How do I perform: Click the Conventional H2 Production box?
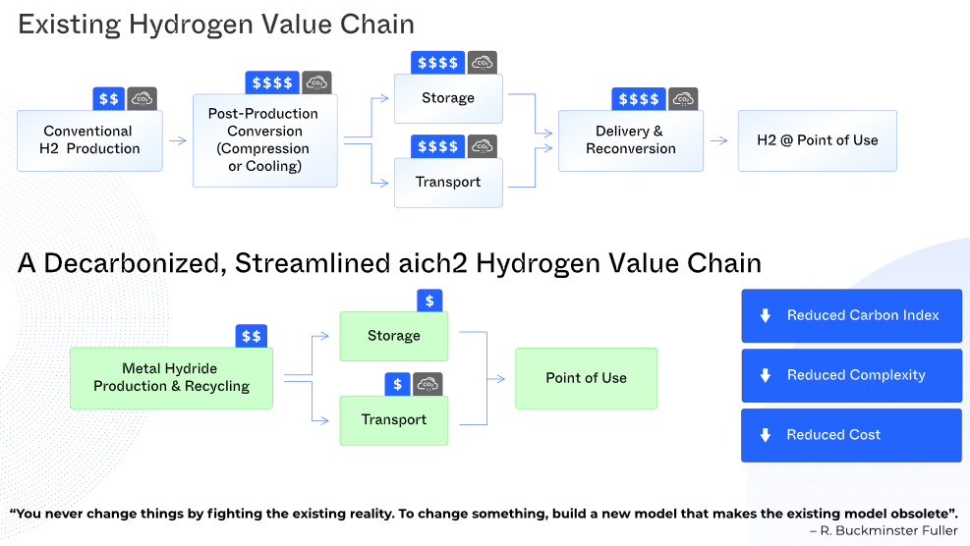90,140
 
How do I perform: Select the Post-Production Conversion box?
264,140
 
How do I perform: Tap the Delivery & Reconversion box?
630,140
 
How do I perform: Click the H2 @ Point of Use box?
817,140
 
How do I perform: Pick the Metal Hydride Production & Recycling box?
171,378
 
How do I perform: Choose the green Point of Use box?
586,378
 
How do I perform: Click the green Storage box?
393,336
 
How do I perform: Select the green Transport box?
393,419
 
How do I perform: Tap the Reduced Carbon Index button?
851,315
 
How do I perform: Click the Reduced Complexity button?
851,375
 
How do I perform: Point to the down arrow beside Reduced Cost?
765,435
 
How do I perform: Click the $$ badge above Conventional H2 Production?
109,99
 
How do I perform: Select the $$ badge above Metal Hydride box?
252,337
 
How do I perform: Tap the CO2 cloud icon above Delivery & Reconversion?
682,99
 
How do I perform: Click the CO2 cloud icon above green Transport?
427,384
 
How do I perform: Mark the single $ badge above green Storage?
429,300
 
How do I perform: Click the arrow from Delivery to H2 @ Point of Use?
719,140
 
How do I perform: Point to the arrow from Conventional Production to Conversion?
177,140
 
